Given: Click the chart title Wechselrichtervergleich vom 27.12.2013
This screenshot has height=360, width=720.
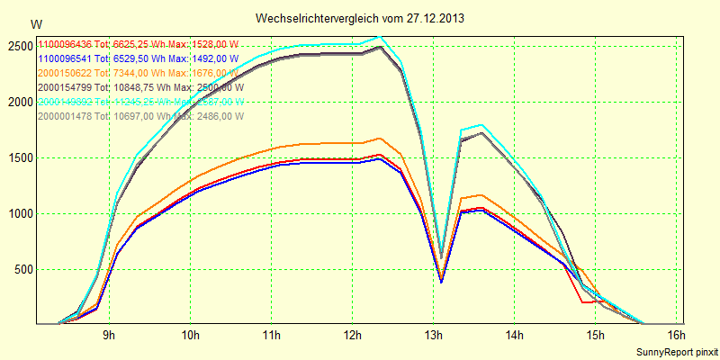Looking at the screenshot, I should (x=359, y=18).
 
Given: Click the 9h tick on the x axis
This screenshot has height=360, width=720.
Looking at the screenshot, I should (x=108, y=336).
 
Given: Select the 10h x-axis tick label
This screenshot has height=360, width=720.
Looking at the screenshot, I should (x=190, y=336).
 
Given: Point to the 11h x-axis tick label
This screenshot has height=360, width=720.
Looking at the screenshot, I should (x=271, y=336).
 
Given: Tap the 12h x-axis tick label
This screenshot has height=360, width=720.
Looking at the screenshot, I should (x=352, y=336).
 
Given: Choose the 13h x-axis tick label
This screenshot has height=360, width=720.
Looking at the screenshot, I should (x=433, y=336).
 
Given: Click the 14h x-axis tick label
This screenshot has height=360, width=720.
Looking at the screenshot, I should (x=514, y=336).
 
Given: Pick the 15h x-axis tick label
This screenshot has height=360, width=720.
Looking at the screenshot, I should (x=595, y=336).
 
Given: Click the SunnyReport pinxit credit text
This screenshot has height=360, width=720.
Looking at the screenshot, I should (x=676, y=351).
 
